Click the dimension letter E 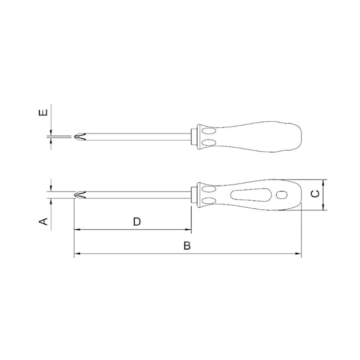click(x=43, y=112)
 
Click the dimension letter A click(x=43, y=222)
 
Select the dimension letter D click(x=137, y=222)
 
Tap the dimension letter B click(x=187, y=246)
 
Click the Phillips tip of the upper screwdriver click(x=80, y=137)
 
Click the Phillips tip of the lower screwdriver click(x=80, y=195)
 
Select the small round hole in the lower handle click(x=281, y=195)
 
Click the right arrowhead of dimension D click(x=188, y=229)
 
